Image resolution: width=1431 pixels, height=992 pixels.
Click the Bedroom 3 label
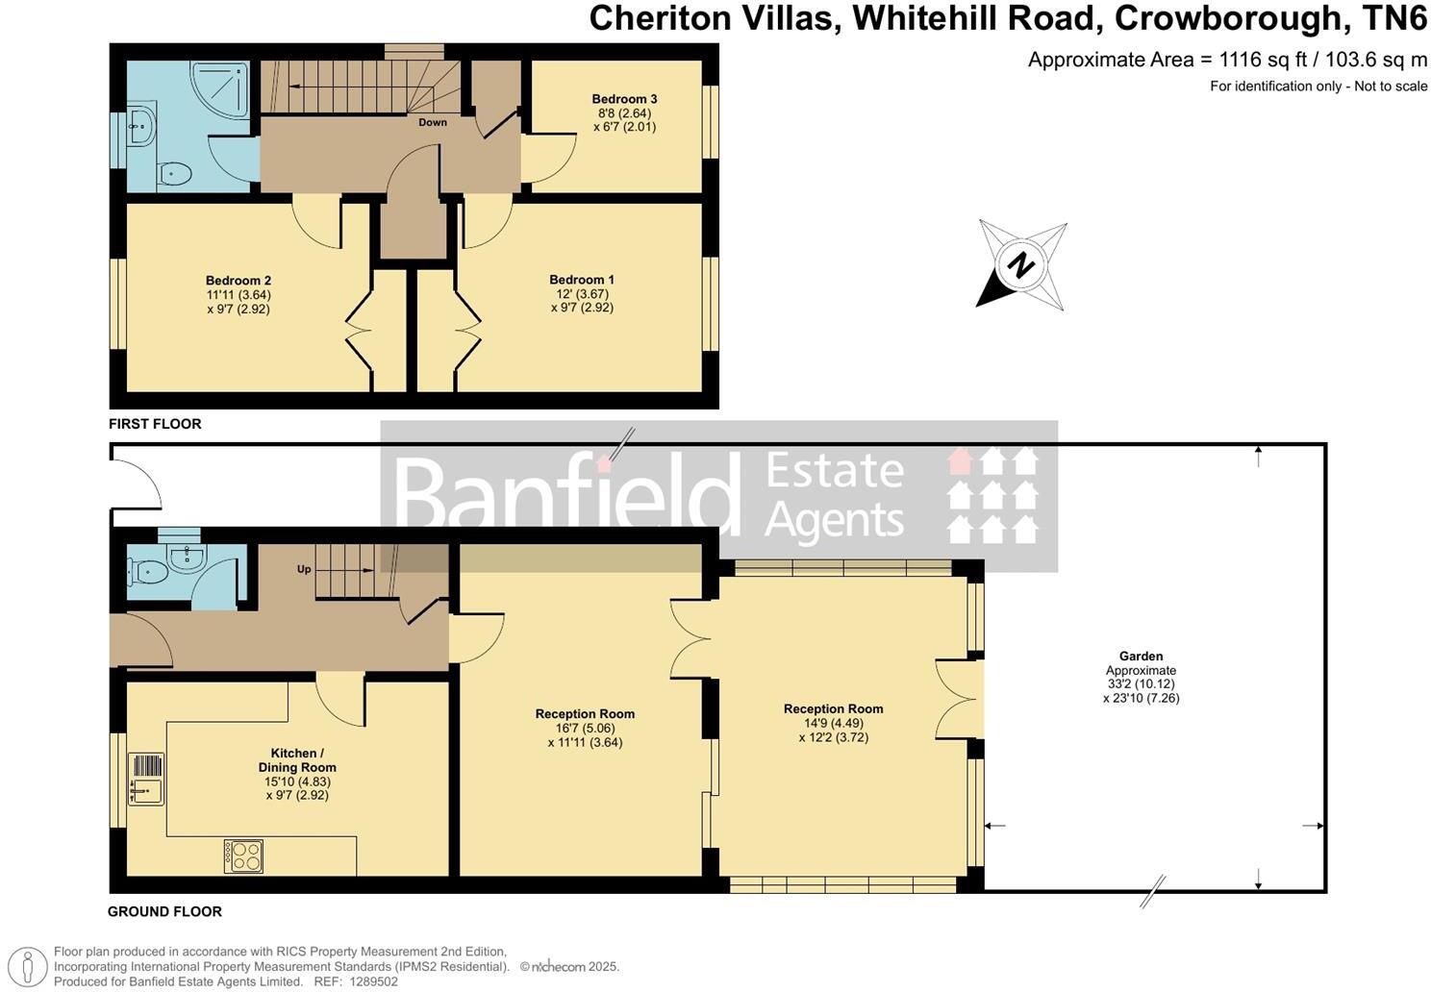(x=624, y=99)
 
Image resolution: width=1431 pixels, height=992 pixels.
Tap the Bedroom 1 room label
(x=582, y=280)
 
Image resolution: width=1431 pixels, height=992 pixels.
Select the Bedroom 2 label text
(x=238, y=281)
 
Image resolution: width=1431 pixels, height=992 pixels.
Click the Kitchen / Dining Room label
(x=297, y=760)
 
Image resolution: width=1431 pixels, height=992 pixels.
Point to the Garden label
(x=1141, y=657)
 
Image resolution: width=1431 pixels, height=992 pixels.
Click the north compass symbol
(x=1021, y=264)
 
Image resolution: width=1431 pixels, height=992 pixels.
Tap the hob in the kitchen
(x=243, y=856)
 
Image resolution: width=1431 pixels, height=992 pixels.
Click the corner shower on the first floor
(x=222, y=89)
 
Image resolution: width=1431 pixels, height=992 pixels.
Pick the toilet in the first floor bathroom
(x=174, y=174)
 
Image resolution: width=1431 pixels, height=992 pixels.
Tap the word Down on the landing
(x=433, y=122)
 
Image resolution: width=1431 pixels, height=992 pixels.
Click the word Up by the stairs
(x=304, y=569)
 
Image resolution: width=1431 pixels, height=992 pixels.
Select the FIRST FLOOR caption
(x=155, y=424)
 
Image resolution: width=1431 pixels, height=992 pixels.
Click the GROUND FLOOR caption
(x=164, y=911)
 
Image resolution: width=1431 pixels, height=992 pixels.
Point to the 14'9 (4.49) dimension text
(x=833, y=724)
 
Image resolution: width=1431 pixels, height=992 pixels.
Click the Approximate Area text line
(x=1227, y=60)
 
